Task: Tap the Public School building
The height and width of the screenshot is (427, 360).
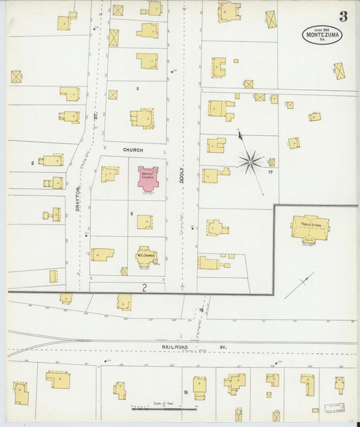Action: tap(310, 228)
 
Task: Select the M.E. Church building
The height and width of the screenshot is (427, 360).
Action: tap(147, 255)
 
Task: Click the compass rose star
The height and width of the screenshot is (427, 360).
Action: tap(250, 161)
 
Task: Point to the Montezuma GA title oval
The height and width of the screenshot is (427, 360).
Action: tap(322, 34)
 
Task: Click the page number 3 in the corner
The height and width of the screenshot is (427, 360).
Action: tap(343, 16)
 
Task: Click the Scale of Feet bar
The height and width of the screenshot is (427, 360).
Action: tap(164, 408)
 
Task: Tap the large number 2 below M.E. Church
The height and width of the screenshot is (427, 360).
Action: tap(144, 287)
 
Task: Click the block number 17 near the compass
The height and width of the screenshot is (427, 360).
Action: tap(269, 172)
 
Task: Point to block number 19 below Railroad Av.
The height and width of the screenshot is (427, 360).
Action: tap(185, 392)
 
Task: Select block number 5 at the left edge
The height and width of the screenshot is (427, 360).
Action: tap(32, 163)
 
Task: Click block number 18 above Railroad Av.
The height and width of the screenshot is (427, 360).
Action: tap(201, 309)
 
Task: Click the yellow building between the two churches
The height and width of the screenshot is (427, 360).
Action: tap(145, 222)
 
